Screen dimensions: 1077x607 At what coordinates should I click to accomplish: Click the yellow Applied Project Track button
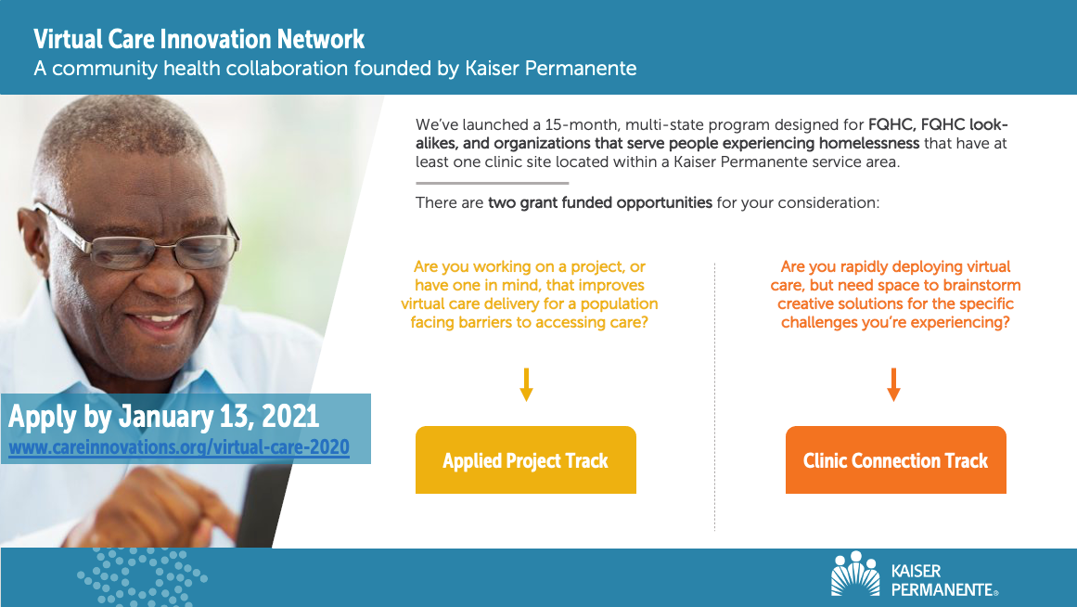click(x=525, y=459)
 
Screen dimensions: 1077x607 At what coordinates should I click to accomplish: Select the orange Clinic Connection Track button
click(x=896, y=459)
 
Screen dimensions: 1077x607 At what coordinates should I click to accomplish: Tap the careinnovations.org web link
click(x=179, y=447)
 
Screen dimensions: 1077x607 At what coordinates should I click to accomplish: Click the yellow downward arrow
click(x=526, y=385)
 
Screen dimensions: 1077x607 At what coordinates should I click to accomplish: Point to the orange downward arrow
click(x=893, y=385)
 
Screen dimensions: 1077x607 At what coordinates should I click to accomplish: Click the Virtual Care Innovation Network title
click(x=199, y=39)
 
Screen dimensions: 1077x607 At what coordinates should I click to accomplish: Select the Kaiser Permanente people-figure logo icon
click(x=855, y=574)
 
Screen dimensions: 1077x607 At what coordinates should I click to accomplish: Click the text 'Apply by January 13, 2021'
click(x=163, y=417)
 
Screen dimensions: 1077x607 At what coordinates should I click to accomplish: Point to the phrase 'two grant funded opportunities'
click(x=599, y=202)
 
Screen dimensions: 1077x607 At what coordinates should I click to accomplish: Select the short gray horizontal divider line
click(x=493, y=183)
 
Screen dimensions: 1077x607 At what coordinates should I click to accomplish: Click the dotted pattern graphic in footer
click(x=142, y=577)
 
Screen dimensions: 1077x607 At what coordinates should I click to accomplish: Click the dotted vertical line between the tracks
click(x=714, y=396)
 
